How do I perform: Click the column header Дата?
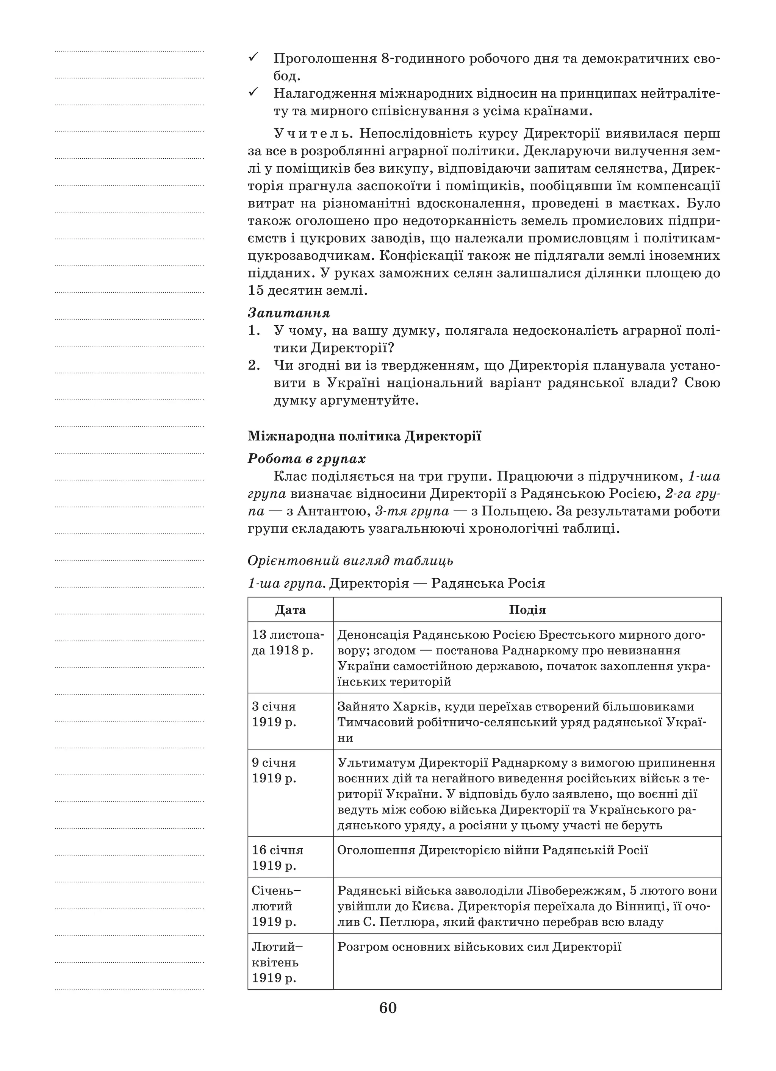tap(290, 610)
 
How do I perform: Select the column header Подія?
tap(527, 610)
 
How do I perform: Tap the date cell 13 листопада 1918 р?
tap(288, 643)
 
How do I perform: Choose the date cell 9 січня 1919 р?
tap(274, 770)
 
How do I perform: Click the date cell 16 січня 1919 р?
tap(277, 857)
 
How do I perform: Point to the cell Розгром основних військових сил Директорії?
tap(479, 947)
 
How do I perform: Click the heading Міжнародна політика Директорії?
tap(364, 436)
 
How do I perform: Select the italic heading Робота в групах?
tap(307, 459)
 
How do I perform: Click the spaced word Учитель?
tap(312, 134)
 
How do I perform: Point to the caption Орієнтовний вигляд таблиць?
tap(350, 560)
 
